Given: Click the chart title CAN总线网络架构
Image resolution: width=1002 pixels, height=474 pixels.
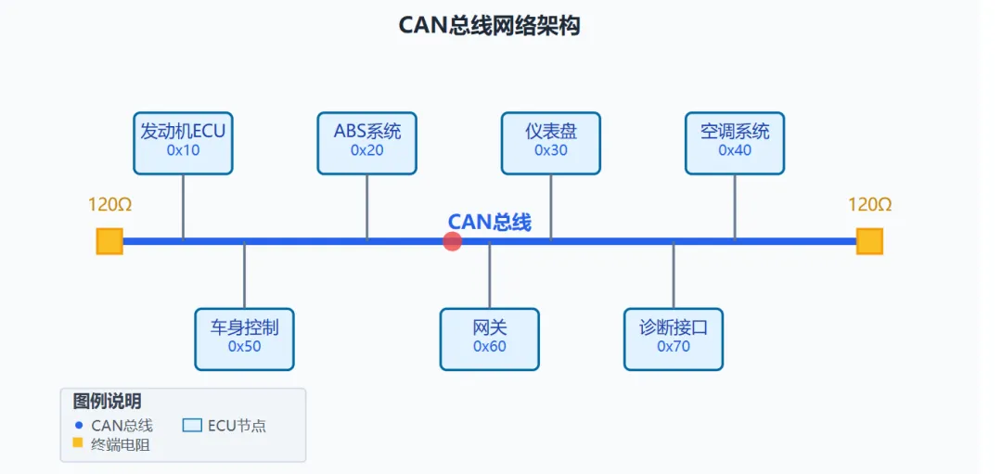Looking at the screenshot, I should [489, 25].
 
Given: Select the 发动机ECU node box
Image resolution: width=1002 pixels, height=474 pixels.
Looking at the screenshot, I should [183, 143].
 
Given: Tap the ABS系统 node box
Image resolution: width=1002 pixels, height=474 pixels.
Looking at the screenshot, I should [366, 143].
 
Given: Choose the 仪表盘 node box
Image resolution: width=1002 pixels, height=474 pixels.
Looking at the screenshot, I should [550, 143].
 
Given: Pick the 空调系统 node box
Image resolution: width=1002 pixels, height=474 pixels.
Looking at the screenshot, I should [735, 143].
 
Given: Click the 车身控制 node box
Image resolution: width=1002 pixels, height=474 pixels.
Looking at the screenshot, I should [244, 339].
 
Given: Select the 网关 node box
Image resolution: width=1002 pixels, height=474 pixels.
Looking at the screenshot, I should [489, 339].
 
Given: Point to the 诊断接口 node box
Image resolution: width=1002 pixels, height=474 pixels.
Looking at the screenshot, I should [674, 339].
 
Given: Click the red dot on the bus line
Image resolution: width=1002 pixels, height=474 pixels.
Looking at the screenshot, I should [453, 242].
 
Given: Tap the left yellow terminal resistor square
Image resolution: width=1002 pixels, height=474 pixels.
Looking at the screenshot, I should [109, 241].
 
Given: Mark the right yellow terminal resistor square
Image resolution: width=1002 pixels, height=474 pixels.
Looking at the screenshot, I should [869, 241].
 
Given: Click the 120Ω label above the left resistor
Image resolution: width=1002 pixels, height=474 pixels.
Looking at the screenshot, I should [109, 205].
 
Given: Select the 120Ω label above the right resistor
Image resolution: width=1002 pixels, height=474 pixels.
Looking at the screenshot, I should [869, 205].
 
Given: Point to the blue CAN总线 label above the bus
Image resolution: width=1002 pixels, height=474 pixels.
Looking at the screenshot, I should [489, 222].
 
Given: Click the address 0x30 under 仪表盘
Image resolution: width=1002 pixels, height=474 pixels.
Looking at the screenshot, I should [550, 150].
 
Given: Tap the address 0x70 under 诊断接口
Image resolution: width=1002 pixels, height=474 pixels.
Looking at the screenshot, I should [674, 347].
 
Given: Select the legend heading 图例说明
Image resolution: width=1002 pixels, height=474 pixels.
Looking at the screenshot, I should [107, 402].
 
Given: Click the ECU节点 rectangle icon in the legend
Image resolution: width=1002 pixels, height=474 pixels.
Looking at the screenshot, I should [192, 426].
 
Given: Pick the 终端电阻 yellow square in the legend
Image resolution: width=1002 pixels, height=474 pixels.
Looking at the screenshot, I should [78, 443].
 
